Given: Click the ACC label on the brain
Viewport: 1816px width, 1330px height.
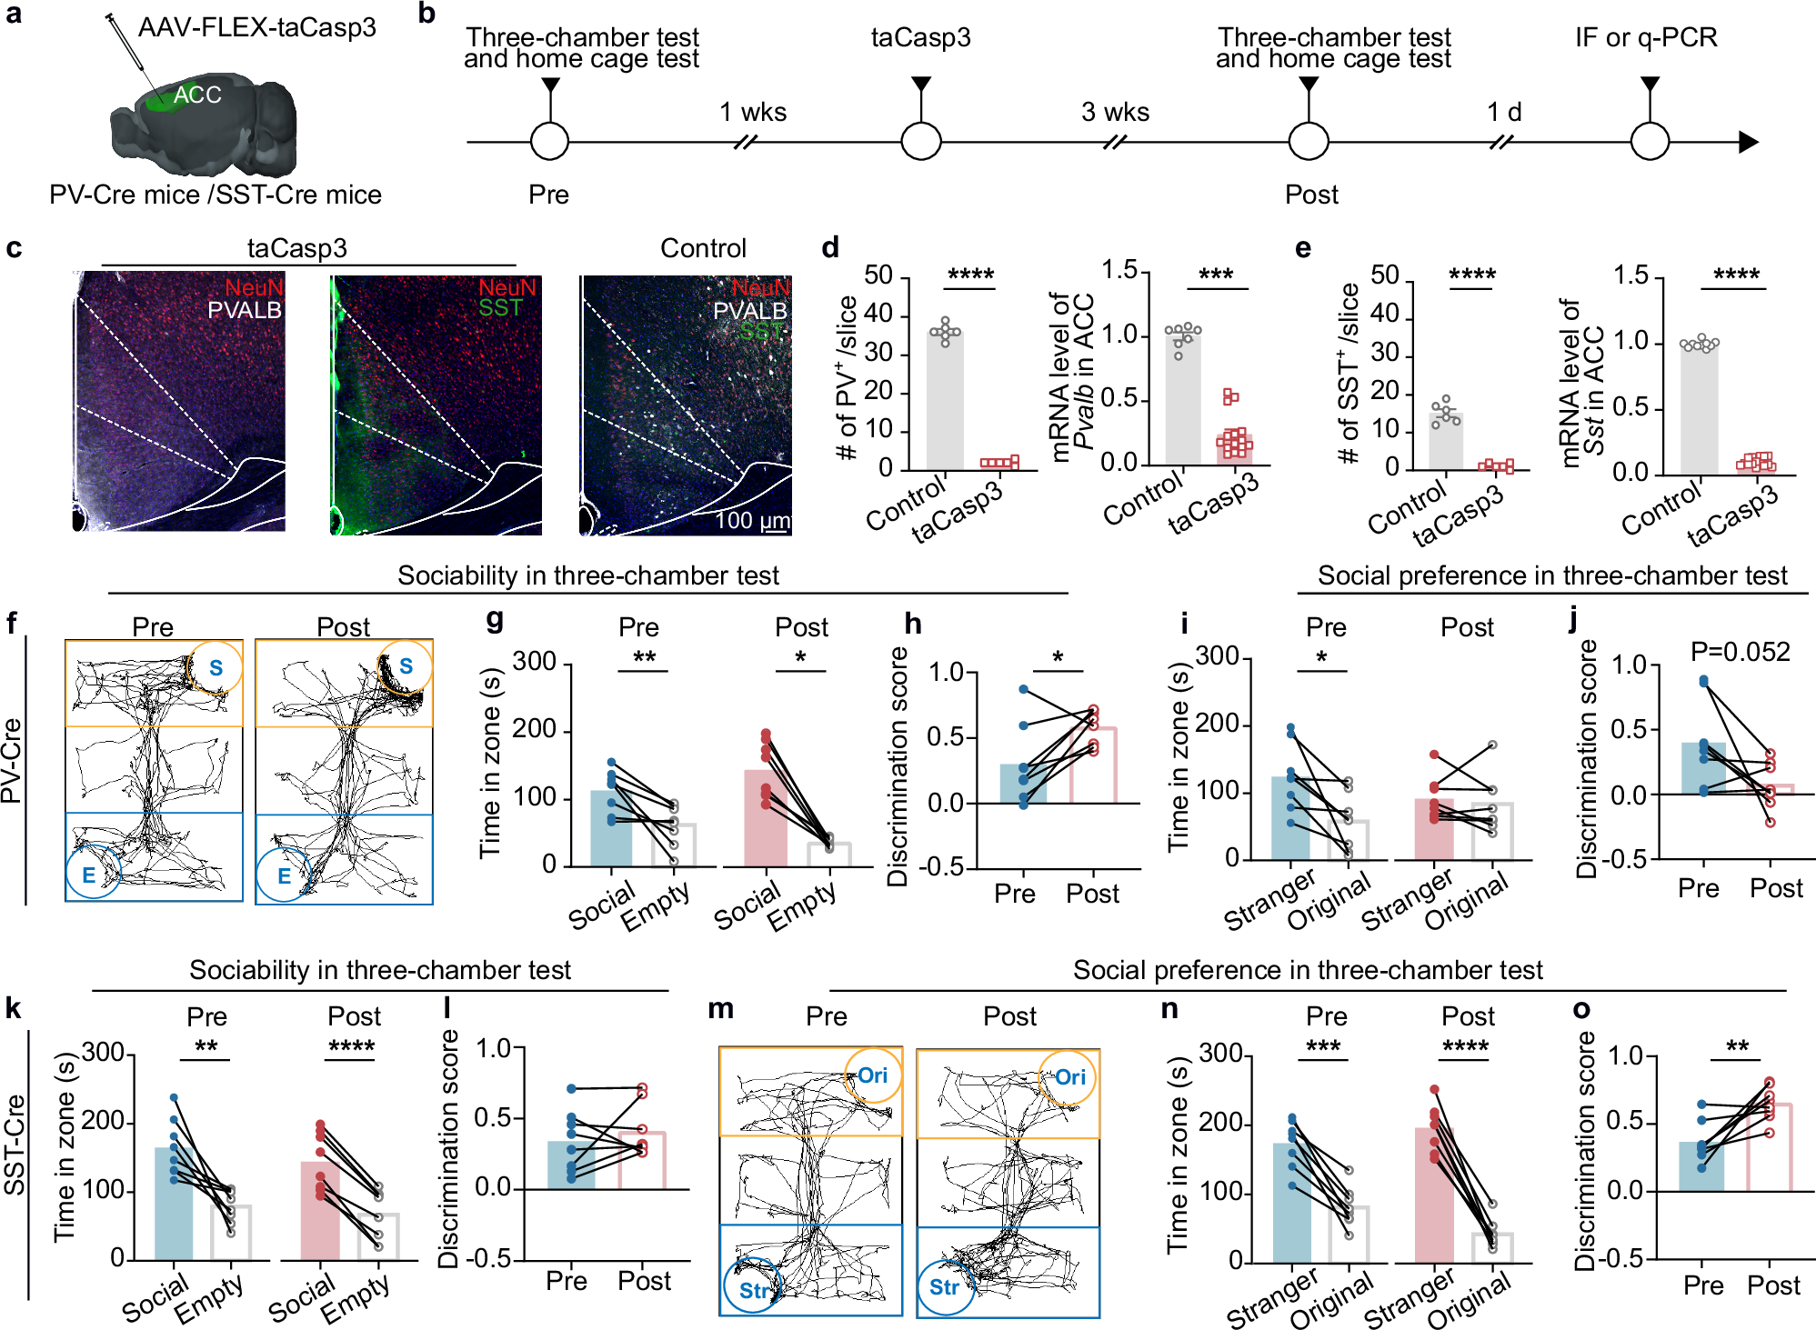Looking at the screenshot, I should click(x=197, y=95).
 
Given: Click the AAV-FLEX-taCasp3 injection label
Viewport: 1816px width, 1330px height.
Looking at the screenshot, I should click(x=256, y=27).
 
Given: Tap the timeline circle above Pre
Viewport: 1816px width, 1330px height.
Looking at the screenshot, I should click(x=549, y=142).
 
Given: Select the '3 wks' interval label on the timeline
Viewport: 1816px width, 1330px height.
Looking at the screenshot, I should click(x=1115, y=112).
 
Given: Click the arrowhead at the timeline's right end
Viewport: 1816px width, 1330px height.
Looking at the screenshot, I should click(x=1748, y=142).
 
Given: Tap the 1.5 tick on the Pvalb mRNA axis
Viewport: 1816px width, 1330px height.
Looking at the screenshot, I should click(x=1119, y=270).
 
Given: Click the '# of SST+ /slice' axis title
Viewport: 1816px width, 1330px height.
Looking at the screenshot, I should click(x=1349, y=373).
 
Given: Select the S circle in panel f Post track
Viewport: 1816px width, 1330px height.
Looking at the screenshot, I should click(x=405, y=666).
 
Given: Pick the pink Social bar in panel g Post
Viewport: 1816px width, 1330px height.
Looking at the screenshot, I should click(x=766, y=818).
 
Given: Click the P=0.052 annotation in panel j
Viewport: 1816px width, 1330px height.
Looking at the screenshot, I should click(x=1739, y=652).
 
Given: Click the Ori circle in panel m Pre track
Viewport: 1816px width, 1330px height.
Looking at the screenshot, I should click(x=872, y=1075).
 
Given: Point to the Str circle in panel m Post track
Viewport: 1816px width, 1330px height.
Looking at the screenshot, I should click(x=944, y=1287).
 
